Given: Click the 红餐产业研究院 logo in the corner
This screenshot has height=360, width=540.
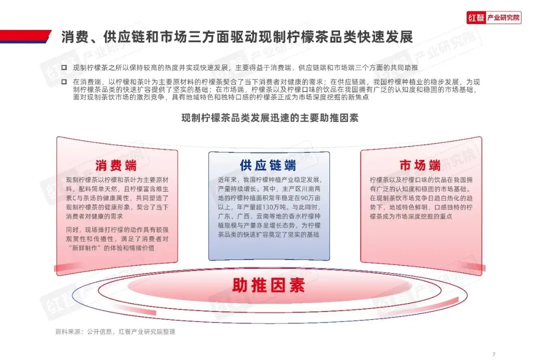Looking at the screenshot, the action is coord(493,18).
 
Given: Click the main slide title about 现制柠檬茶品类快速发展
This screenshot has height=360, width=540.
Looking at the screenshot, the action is coord(237,37).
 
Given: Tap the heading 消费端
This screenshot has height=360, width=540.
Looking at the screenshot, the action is coord(116,165).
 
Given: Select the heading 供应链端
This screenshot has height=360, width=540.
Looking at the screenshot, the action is coord(268,165).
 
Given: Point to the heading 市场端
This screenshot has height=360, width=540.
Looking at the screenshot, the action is coord(420,165).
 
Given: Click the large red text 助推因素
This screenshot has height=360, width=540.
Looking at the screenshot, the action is coord(268,285).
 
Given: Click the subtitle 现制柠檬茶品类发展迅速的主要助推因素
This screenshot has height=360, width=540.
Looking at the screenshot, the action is coord(269,118).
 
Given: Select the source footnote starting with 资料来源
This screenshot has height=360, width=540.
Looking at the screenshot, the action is coord(115,331).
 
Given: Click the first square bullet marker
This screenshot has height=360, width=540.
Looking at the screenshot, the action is coord(64,67).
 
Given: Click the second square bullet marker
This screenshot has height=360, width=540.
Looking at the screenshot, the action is coord(64,80).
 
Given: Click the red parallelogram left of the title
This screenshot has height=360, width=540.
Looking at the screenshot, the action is coord(25,36).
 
